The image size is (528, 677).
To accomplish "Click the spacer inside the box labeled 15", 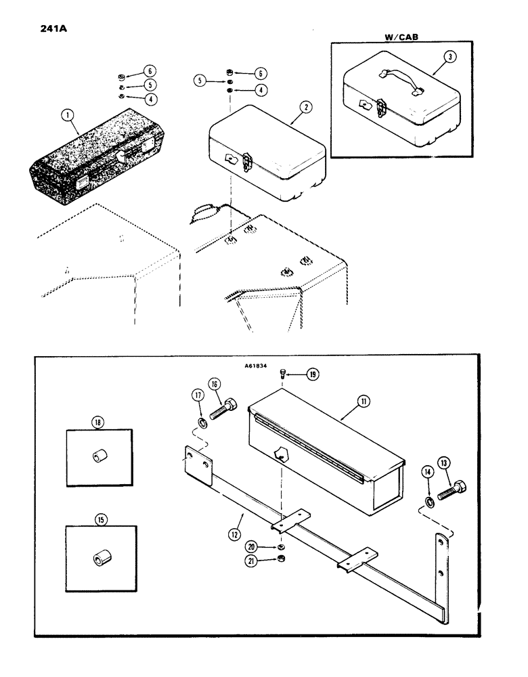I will coord(100,559).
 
